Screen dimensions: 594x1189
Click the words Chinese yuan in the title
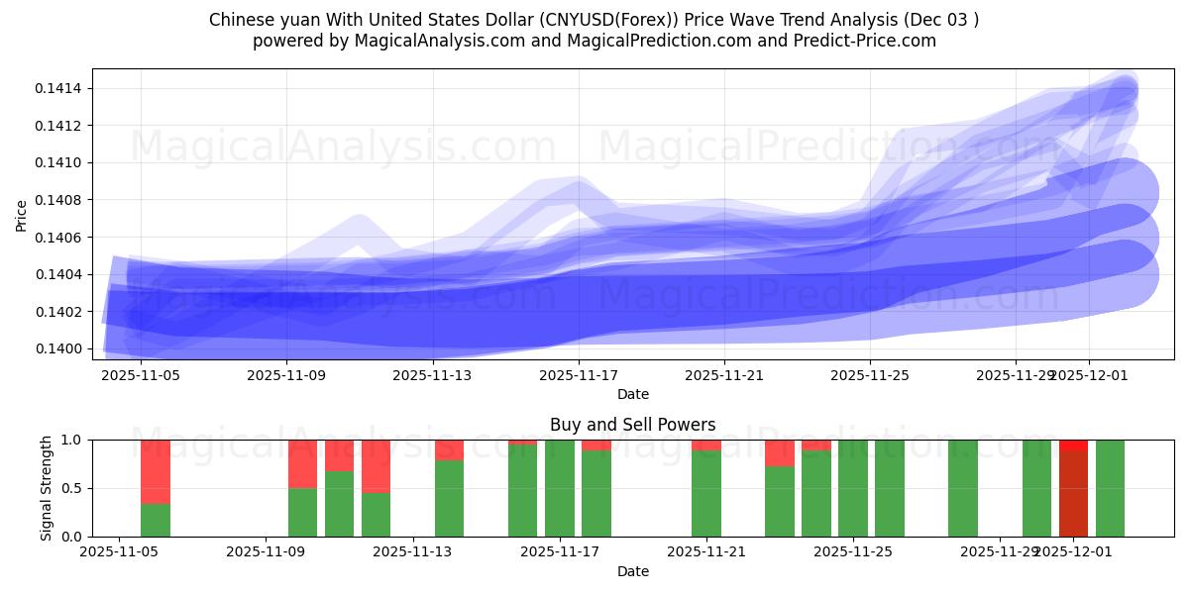253,20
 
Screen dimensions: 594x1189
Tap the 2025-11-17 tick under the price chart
579,375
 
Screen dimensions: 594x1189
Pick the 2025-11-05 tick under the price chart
141,375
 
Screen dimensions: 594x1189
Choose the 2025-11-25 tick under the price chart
870,375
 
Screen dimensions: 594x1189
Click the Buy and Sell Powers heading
633,425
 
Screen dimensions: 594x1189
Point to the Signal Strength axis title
47,488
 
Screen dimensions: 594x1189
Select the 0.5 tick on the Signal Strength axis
71,488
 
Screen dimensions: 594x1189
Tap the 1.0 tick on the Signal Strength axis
71,440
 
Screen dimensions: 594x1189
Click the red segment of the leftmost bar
156,471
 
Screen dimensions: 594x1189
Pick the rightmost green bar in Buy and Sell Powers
1110,488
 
